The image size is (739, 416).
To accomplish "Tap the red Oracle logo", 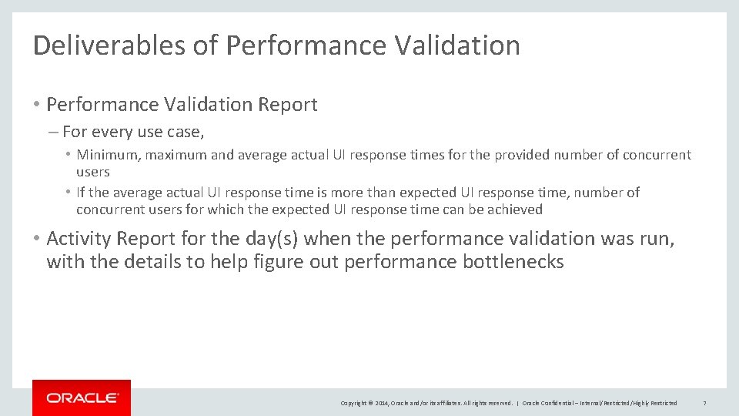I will pyautogui.click(x=82, y=398).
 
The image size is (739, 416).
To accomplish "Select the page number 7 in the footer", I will pyautogui.click(x=704, y=403).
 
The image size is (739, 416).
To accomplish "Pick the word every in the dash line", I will pyautogui.click(x=110, y=132).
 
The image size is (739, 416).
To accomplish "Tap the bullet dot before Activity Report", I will pyautogui.click(x=38, y=240).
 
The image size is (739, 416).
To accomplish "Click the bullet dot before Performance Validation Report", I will pyautogui.click(x=38, y=105).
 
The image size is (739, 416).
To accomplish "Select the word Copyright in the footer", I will pyautogui.click(x=353, y=403).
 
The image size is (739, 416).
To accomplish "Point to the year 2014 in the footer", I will pyautogui.click(x=381, y=403).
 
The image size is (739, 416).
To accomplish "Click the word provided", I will pyautogui.click(x=523, y=155).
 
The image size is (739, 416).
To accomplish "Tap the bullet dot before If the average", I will pyautogui.click(x=69, y=193).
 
